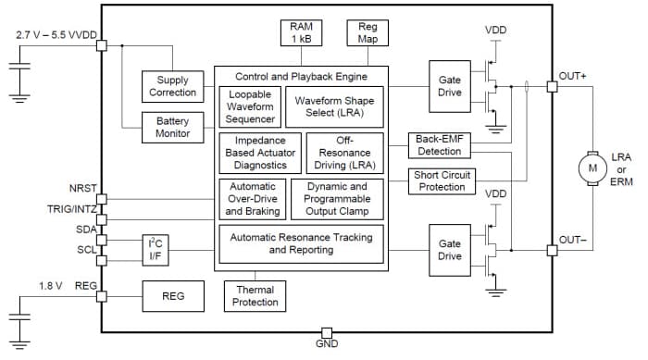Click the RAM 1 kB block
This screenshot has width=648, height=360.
(x=301, y=33)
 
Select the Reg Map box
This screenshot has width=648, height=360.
(x=368, y=33)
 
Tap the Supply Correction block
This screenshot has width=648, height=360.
(x=172, y=86)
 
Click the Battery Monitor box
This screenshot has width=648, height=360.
(x=172, y=127)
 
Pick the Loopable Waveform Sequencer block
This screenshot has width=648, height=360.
(x=250, y=106)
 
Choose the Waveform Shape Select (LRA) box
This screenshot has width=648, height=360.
(x=338, y=106)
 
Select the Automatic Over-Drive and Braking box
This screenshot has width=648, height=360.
(x=251, y=198)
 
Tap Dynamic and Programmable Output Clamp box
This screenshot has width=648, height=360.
(x=337, y=198)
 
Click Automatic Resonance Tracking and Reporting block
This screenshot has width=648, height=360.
(x=301, y=243)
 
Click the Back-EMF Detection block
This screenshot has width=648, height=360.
(x=439, y=145)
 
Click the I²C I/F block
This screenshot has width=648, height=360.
(x=155, y=249)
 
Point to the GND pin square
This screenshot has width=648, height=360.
(x=326, y=332)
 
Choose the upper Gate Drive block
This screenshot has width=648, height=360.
(x=450, y=86)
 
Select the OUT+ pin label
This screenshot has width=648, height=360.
(x=573, y=76)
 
